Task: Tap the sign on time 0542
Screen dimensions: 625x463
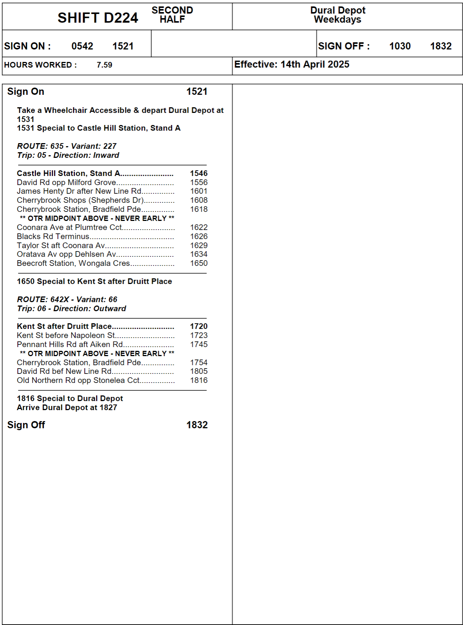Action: pos(82,46)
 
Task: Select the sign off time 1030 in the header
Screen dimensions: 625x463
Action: pos(400,46)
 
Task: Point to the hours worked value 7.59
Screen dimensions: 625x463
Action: pos(104,65)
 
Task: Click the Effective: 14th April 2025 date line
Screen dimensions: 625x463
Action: pos(291,65)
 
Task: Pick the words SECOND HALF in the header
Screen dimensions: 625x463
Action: pos(172,15)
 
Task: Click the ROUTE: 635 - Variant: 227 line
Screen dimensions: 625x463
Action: pos(67,146)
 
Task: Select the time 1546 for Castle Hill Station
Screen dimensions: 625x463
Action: pos(198,173)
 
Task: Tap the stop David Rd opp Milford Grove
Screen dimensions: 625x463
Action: pos(67,182)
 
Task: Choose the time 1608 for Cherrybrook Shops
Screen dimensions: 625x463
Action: pos(198,200)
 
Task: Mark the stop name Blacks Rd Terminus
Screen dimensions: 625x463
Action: pos(53,236)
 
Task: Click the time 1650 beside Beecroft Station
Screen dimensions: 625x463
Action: pos(198,263)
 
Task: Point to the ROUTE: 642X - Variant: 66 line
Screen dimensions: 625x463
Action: pos(67,299)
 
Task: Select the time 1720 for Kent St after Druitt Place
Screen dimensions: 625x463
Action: pos(198,326)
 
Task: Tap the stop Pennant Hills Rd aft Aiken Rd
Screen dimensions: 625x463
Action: pos(70,344)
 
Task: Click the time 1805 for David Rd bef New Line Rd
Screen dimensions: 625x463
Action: pos(198,371)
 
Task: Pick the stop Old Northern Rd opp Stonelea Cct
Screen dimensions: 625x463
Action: pos(78,380)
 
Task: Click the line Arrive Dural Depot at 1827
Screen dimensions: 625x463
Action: pos(67,407)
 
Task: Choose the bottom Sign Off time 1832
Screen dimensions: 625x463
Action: pos(197,425)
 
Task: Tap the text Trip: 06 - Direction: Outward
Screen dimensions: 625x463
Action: pos(71,309)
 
